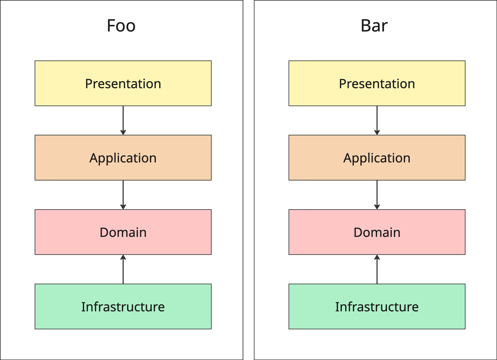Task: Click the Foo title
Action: click(121, 26)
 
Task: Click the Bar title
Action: click(374, 26)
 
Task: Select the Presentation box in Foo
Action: click(123, 83)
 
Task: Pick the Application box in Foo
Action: click(123, 157)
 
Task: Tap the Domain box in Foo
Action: click(123, 232)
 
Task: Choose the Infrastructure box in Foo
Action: click(123, 306)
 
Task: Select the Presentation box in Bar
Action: click(377, 83)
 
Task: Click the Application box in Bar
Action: click(377, 157)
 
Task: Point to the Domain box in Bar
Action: click(377, 232)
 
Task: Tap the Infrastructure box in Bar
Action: click(377, 306)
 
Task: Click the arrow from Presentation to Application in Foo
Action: click(123, 120)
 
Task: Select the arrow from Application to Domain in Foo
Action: click(123, 195)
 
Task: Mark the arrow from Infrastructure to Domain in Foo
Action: click(123, 269)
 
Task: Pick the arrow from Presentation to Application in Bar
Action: click(377, 120)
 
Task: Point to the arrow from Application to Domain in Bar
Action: click(377, 195)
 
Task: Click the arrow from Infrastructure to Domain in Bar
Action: click(377, 269)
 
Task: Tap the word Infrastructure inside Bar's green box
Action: click(377, 307)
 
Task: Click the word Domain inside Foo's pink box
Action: click(123, 232)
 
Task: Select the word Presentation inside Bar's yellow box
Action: click(377, 84)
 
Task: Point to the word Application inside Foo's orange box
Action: click(123, 159)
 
